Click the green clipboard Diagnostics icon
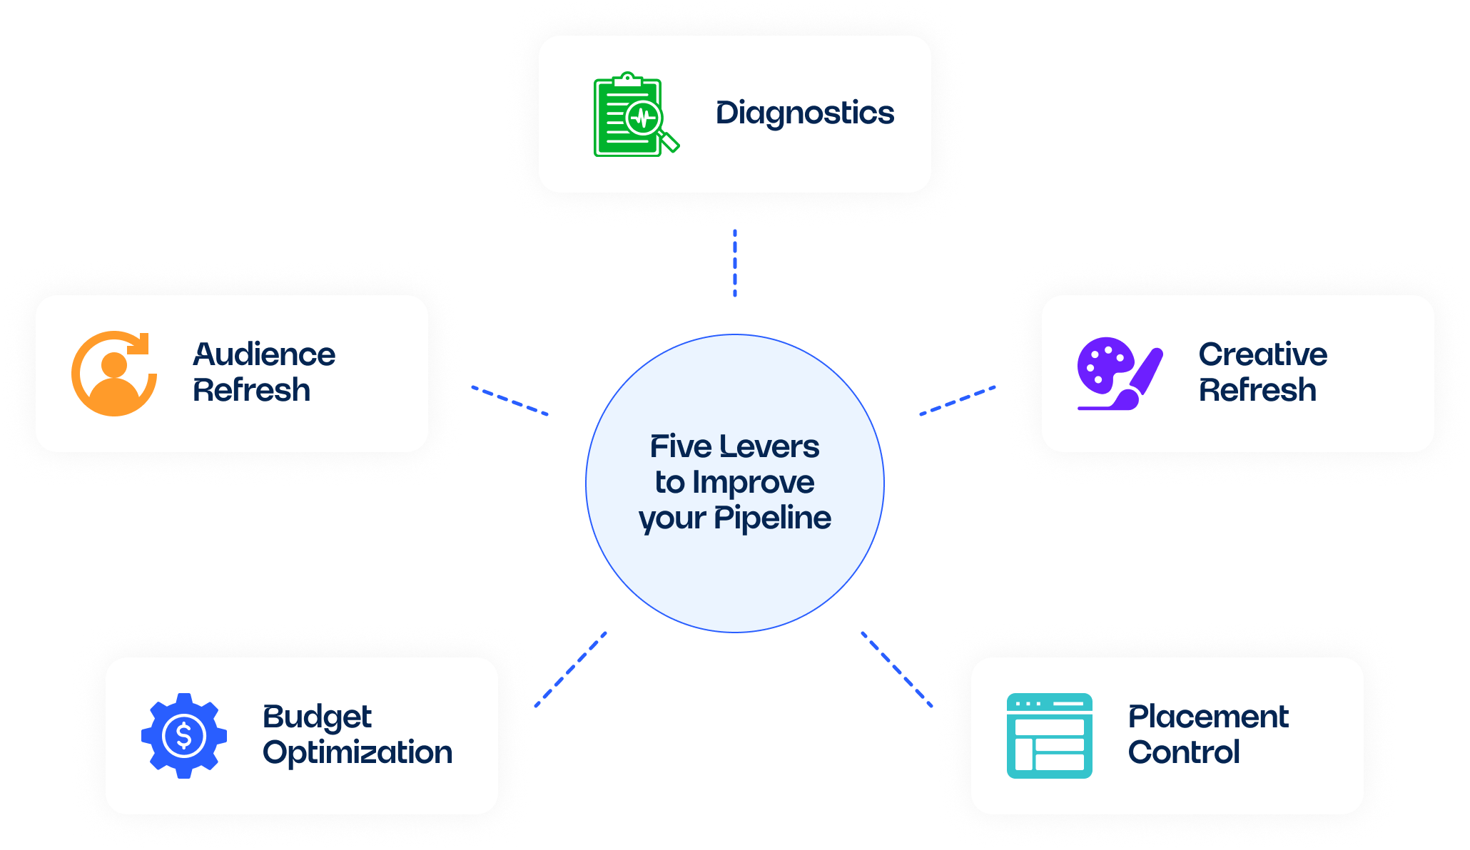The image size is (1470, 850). click(x=635, y=114)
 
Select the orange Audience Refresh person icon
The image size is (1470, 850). click(x=114, y=374)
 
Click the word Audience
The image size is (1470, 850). click(x=264, y=354)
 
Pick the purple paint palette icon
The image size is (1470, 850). click(x=1120, y=374)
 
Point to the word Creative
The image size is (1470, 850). click(x=1263, y=354)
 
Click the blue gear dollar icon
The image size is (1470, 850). click(x=184, y=736)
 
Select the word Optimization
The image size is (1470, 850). click(x=358, y=753)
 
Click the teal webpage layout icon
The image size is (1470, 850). click(x=1049, y=736)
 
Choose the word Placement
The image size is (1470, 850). click(x=1208, y=717)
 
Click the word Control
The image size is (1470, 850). click(x=1184, y=752)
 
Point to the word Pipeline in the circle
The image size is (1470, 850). click(x=773, y=518)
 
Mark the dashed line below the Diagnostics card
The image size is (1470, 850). click(x=735, y=263)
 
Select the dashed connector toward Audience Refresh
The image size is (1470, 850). click(x=510, y=401)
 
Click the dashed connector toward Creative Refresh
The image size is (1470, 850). click(x=958, y=401)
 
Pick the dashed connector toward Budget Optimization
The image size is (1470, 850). click(x=571, y=669)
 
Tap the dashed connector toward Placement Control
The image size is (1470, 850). click(x=897, y=669)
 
